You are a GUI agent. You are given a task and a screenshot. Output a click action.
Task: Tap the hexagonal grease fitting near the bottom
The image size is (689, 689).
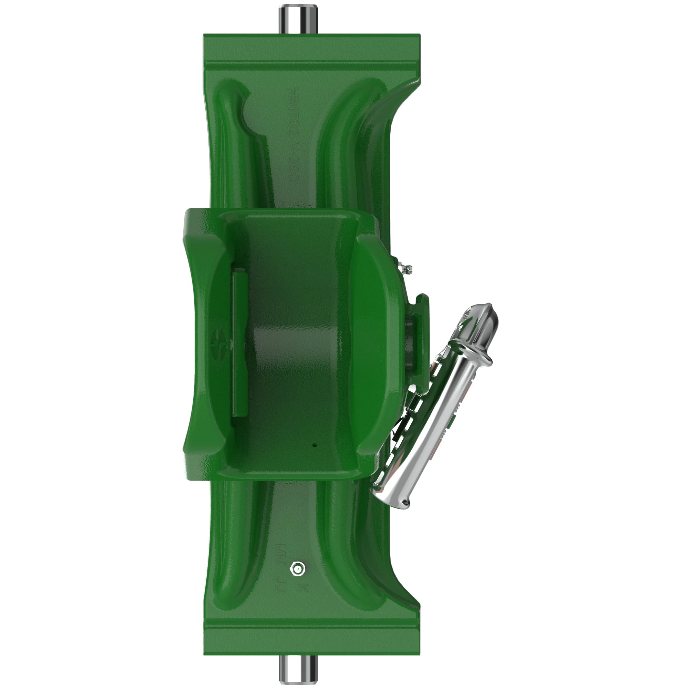point(297,568)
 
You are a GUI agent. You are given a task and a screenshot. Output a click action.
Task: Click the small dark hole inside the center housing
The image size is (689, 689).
point(314,445)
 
